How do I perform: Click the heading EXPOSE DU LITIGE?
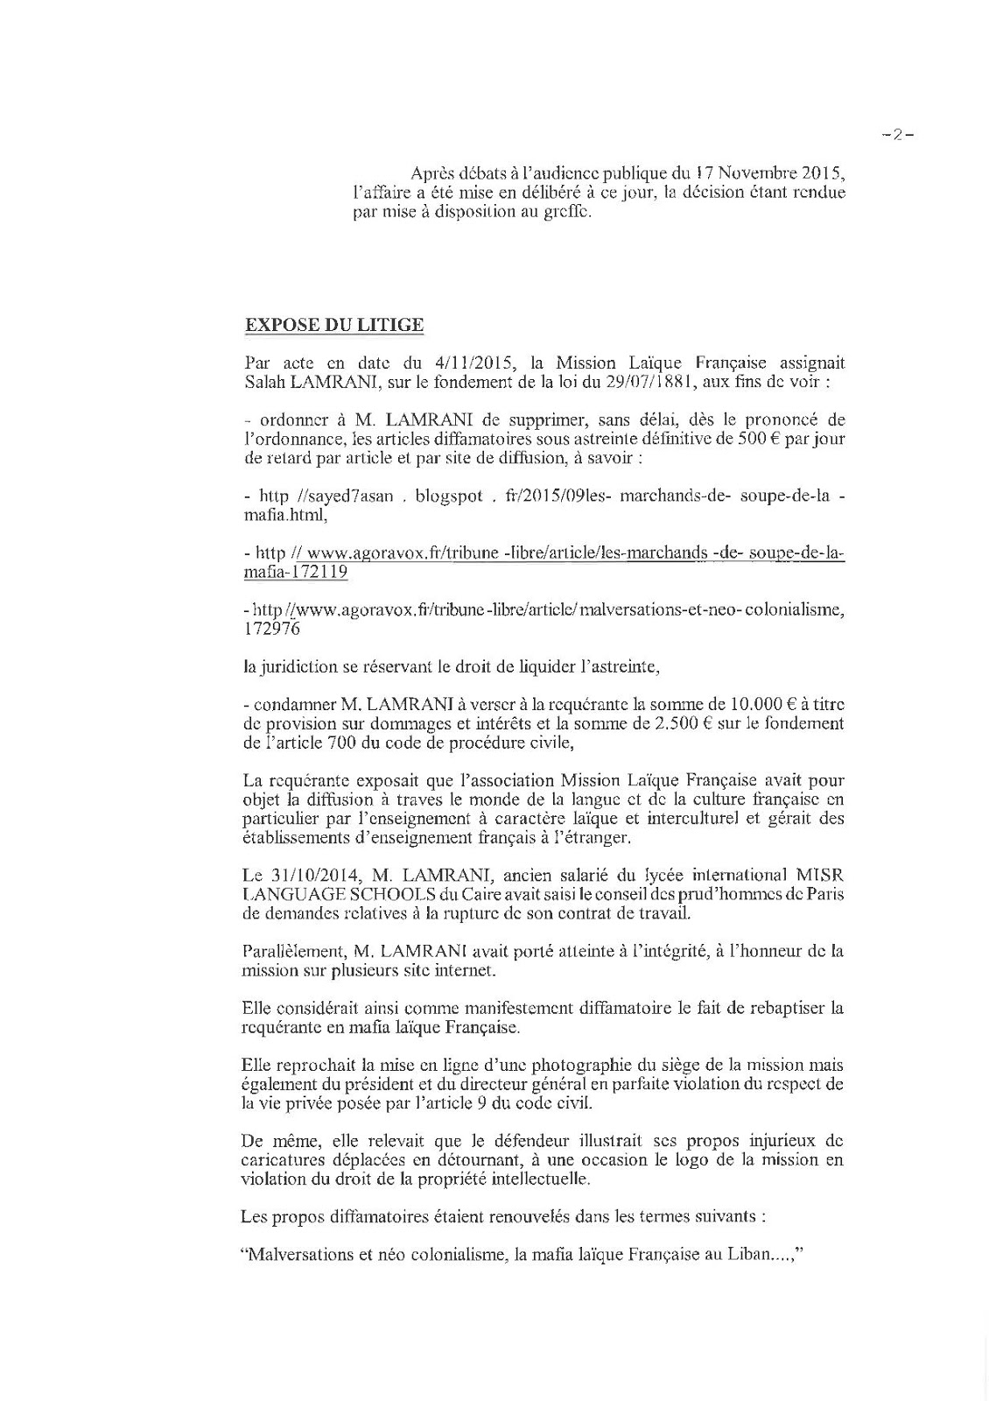(333, 325)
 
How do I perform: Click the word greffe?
(564, 211)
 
